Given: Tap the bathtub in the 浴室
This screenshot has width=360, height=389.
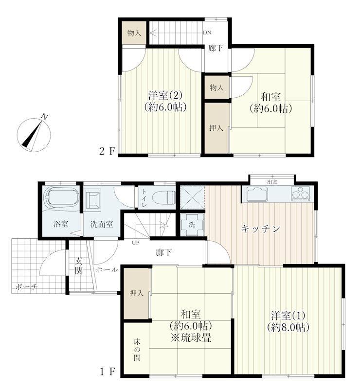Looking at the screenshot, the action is (61, 196).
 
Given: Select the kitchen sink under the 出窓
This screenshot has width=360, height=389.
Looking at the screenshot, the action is (258, 194).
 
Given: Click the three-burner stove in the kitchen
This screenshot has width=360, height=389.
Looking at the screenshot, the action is (300, 193).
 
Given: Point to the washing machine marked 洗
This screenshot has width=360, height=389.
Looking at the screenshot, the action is (192, 225).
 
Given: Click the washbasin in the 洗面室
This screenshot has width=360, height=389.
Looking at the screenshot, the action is (93, 199).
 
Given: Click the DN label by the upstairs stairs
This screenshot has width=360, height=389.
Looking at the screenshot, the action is (207, 33).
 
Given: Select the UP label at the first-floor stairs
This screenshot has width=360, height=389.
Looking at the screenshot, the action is (136, 242).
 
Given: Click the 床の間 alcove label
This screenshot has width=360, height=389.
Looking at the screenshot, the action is (137, 350).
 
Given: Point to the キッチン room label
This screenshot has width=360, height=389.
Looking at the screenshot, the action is (261, 229).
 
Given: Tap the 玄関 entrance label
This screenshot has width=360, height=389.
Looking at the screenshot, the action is (79, 265).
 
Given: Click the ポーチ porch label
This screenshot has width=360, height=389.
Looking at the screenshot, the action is (26, 287).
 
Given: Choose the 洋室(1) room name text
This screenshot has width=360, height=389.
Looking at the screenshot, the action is (288, 316).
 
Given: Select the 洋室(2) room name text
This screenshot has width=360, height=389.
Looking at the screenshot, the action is (165, 95).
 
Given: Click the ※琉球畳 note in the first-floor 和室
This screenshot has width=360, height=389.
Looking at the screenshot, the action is (191, 337).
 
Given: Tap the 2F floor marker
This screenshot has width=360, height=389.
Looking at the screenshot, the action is (107, 151).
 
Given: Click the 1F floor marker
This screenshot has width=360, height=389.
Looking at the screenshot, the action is (108, 372).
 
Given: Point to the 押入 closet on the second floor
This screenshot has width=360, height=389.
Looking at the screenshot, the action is (216, 128).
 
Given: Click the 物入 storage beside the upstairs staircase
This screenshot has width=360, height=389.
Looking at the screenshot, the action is (134, 33).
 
